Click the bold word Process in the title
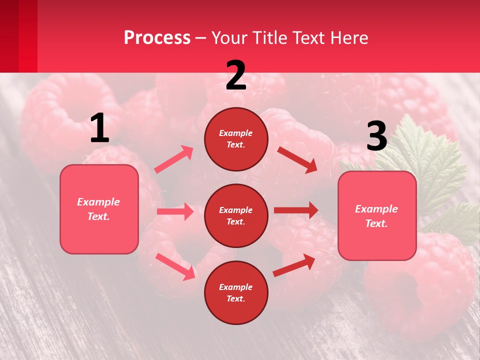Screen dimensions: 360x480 157,38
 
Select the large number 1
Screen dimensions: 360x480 99,128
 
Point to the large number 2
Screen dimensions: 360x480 236,75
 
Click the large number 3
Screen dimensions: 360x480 376,136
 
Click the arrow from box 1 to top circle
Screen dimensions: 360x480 174,159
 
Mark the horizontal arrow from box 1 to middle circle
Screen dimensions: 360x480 175,211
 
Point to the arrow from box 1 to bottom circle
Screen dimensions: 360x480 175,266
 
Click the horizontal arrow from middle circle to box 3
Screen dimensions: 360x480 296,210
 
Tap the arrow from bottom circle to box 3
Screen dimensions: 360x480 294,265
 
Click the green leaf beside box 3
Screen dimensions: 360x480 430,160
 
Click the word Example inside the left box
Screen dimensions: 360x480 98,202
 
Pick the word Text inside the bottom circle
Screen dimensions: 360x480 235,298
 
